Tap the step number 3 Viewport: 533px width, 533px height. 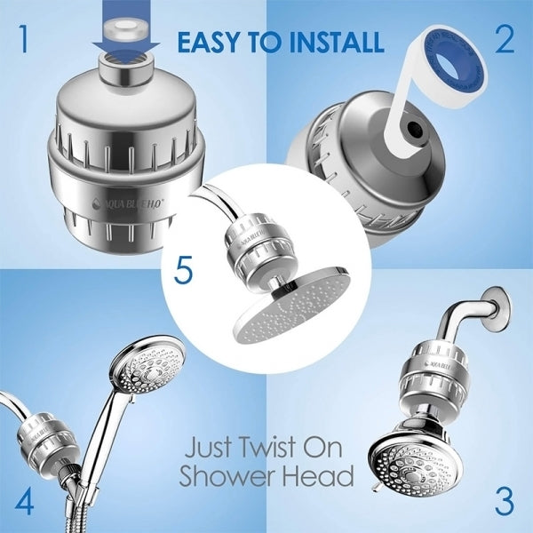[503, 499]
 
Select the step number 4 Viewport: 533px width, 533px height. [23, 499]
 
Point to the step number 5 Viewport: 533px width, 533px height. [183, 269]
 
